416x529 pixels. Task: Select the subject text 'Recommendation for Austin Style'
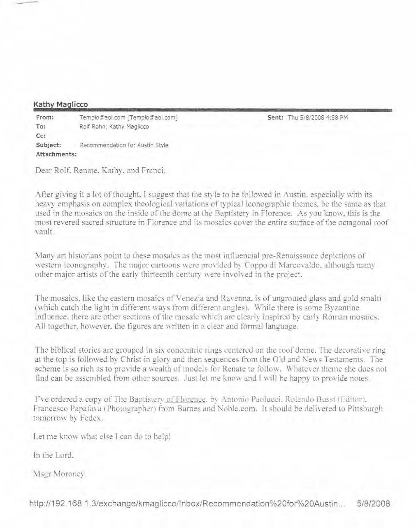124,145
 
